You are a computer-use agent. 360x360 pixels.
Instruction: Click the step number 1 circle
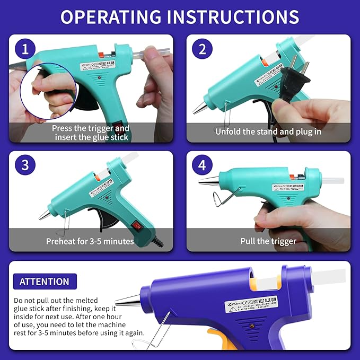click(x=25, y=50)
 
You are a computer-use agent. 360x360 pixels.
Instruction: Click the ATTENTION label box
click(x=45, y=282)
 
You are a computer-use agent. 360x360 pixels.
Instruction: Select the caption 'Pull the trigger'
click(x=268, y=241)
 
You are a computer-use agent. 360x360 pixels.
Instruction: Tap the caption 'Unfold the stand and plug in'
click(x=268, y=131)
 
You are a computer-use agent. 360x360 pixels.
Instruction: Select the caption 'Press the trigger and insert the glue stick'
click(x=91, y=133)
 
